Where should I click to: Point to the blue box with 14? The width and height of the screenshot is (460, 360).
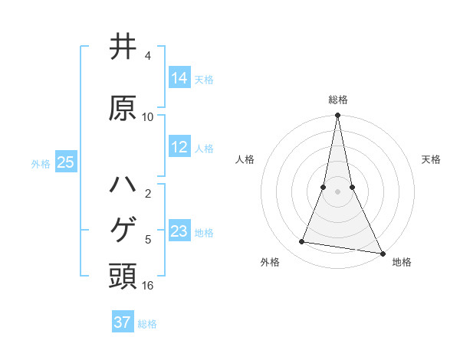click(179, 77)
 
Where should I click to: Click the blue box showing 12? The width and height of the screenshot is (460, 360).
click(179, 147)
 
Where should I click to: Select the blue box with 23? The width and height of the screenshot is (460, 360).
click(179, 231)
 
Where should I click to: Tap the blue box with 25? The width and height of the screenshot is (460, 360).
click(65, 162)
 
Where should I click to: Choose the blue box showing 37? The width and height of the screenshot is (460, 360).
click(123, 322)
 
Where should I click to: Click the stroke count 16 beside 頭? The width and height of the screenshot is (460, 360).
click(148, 286)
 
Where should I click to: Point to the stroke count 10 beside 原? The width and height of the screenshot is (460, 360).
click(148, 117)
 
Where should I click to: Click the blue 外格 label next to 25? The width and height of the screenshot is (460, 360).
click(41, 163)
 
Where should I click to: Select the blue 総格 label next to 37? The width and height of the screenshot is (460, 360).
click(147, 324)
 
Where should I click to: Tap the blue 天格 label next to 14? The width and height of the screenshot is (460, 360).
click(204, 79)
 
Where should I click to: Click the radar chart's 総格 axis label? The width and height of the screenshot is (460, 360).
click(338, 100)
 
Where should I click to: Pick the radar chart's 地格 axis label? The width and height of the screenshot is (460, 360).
click(402, 263)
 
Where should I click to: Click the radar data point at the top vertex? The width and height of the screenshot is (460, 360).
click(338, 116)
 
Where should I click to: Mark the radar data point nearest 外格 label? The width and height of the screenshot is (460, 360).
click(301, 242)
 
